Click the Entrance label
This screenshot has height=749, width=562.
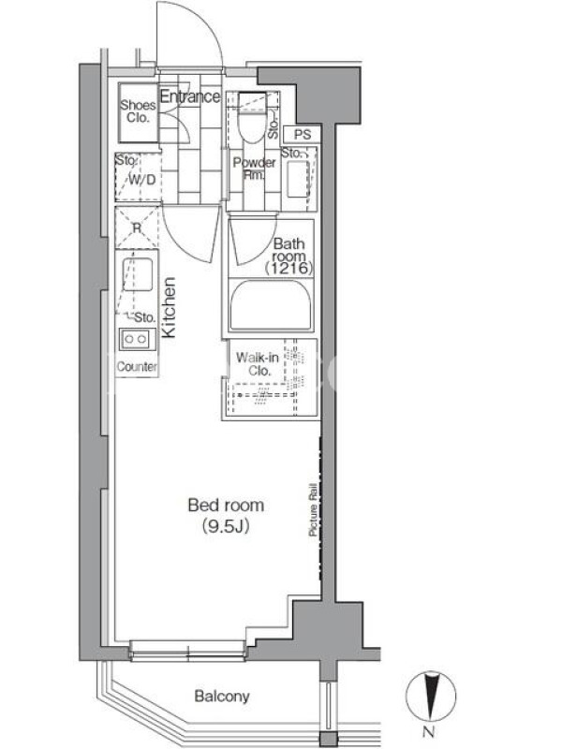pos(190,96)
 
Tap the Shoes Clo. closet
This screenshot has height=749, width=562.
pos(138,112)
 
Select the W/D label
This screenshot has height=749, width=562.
pos(142,180)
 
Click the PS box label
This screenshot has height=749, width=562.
pos(303,135)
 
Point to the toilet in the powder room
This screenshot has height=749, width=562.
pos(252,118)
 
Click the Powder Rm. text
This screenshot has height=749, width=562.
pos(254,169)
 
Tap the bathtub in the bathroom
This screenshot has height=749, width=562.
pos(271,305)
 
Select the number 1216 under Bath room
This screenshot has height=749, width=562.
pos(288,268)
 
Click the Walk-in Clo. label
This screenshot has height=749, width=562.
pos(258,364)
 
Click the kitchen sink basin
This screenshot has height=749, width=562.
pos(137,274)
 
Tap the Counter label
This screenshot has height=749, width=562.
pos(137,367)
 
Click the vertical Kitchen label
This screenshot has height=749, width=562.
pos(169,308)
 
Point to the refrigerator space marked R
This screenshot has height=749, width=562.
pos(137,228)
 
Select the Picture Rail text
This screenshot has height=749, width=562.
pos(313,509)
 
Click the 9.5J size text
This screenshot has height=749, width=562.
pos(226,526)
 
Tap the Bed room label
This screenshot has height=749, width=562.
pos(226,506)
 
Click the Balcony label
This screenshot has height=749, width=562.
pos(222,697)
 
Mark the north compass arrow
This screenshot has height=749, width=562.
pos(431,695)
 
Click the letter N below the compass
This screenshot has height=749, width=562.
pos(429,732)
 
